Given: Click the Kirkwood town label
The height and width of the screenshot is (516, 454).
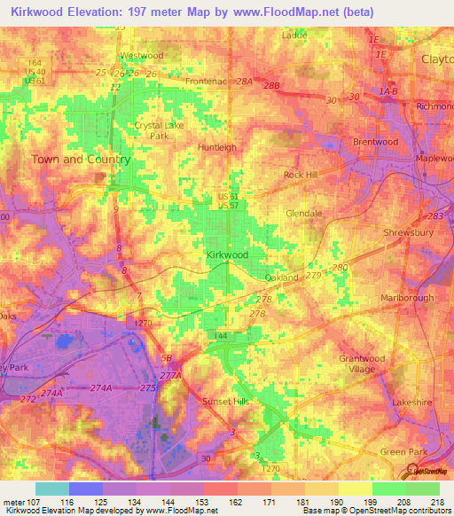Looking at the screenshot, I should pos(227,254).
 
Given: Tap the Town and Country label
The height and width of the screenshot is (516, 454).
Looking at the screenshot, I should pos(81,160).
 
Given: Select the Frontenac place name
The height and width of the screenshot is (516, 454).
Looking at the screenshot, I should pos(206,81).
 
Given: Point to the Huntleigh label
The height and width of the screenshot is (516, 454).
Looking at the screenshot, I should pos(217,147).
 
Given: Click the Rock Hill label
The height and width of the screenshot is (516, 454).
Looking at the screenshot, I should pos(301,175).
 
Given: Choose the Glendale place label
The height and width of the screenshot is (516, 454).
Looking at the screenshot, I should pos(303,214).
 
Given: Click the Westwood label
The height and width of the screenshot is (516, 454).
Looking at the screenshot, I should pos(142,55).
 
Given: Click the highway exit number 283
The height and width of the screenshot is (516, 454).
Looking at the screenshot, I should pos(435,215).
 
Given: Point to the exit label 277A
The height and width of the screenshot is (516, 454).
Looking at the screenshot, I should pos(170,376).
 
